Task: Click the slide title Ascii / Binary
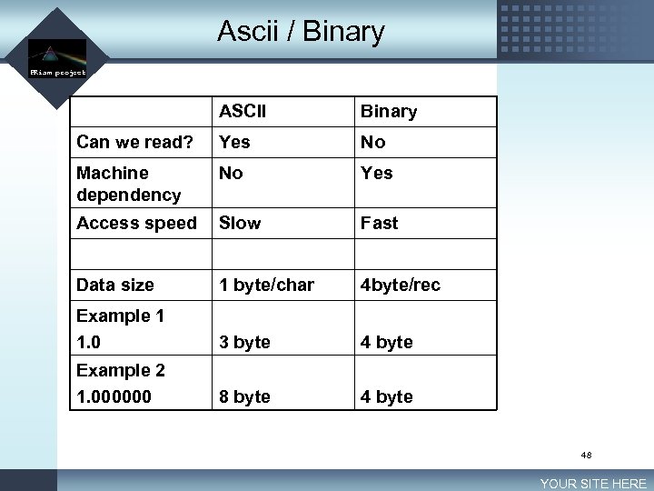point(301,32)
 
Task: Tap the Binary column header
point(389,112)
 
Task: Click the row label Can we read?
point(134,142)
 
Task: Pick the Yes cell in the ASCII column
point(234,142)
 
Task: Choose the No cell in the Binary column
point(373,142)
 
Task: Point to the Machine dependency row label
point(128,184)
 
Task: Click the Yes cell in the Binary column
point(377,173)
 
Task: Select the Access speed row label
point(136,223)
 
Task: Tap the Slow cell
point(240,223)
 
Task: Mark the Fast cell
point(380,223)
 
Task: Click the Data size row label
point(115,285)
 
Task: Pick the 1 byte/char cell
point(266,285)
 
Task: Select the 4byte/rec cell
point(401,285)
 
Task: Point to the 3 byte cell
point(244,342)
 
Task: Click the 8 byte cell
point(244,396)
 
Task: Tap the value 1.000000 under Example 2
point(114,397)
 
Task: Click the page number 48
point(586,454)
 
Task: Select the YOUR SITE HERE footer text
point(593,484)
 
